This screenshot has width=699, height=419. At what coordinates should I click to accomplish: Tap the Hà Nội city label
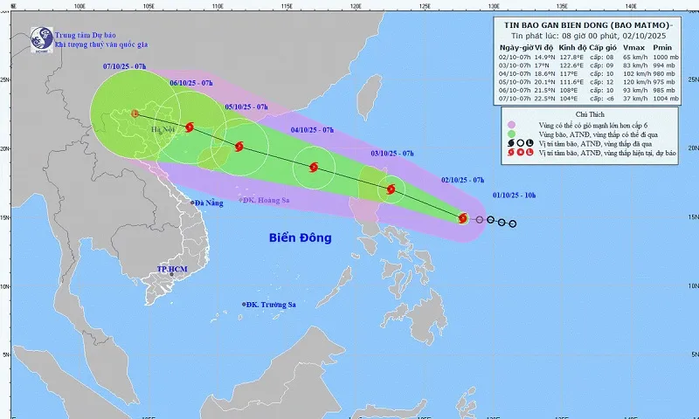[x=163, y=130]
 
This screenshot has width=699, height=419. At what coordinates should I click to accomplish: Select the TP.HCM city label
[x=173, y=270]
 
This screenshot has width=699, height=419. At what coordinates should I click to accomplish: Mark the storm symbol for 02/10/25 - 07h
[x=463, y=218]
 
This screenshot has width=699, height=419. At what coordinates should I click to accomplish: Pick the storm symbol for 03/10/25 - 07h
[x=391, y=189]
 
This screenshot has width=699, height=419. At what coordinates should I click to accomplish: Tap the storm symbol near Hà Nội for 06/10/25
[x=190, y=127]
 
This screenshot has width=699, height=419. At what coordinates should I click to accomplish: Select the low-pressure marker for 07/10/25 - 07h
[x=135, y=113]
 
